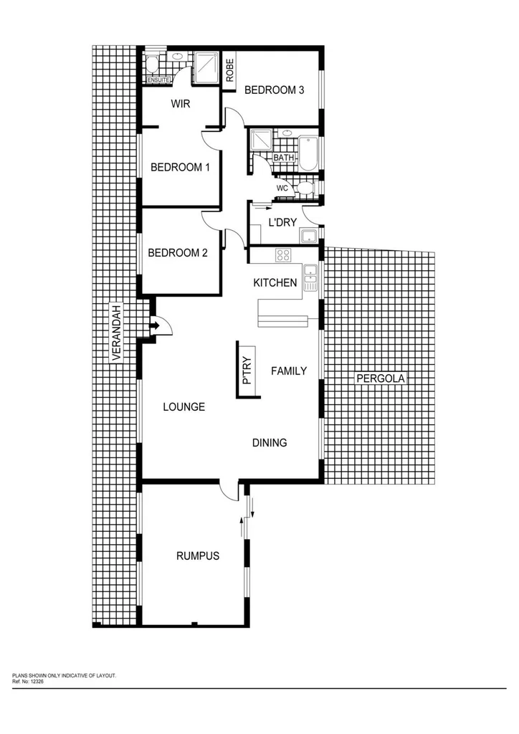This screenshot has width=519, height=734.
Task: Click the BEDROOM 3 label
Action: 275,90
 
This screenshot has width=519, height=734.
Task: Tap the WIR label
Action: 180,104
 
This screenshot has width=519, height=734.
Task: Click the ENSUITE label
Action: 158,80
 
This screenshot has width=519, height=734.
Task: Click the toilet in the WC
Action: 306,188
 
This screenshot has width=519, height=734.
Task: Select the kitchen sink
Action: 310,277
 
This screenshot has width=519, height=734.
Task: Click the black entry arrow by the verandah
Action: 153,328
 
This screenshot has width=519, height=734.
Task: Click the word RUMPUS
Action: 197,556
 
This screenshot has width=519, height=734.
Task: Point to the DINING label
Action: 270,443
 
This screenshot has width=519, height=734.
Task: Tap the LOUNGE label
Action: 184,407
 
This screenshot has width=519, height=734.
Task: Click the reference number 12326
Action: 38,680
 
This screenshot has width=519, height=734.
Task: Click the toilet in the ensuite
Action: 151,67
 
